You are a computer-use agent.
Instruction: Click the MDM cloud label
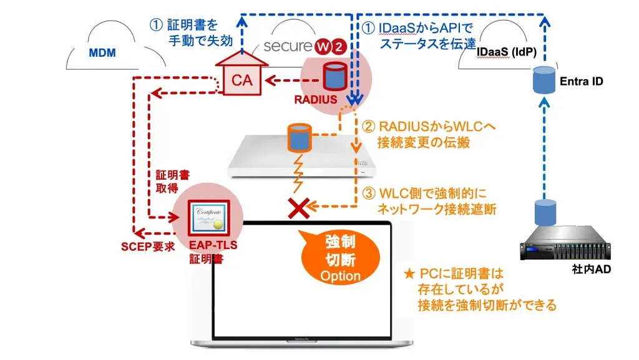click(102, 53)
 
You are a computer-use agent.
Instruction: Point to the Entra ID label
click(581, 82)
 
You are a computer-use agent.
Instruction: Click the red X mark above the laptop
click(300, 208)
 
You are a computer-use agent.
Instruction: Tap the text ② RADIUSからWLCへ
click(430, 127)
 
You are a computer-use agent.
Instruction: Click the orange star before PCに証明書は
click(409, 273)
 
